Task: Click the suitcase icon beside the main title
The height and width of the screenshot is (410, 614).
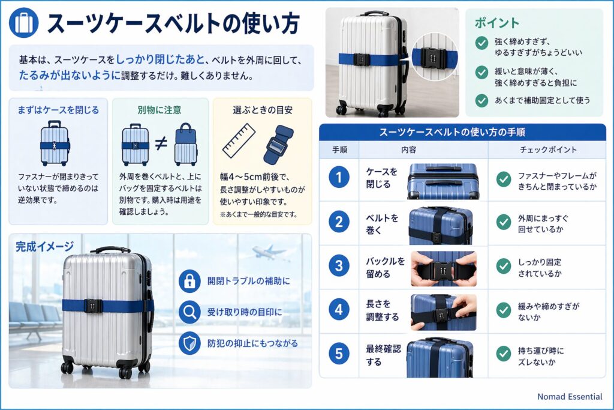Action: point(24,23)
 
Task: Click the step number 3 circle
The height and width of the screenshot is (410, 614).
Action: point(339,266)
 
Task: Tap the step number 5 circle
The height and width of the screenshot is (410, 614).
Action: point(339,354)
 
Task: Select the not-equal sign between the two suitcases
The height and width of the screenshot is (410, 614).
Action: point(161,143)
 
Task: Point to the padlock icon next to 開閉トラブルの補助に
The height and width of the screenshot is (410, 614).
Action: point(189,280)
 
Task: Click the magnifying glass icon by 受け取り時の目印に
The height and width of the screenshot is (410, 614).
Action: point(189,312)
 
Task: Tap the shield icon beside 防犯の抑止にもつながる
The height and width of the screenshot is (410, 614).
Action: point(189,343)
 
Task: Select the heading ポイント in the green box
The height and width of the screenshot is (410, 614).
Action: point(497,23)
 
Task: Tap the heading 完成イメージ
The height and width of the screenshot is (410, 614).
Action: point(45,246)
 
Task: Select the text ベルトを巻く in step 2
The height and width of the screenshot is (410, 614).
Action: point(382,222)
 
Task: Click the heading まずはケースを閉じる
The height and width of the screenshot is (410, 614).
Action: point(58,110)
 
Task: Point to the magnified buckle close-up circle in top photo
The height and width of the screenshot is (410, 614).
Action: point(434,58)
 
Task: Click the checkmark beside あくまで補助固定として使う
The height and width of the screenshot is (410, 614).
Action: point(481,100)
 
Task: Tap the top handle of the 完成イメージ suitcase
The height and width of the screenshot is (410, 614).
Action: point(110,249)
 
